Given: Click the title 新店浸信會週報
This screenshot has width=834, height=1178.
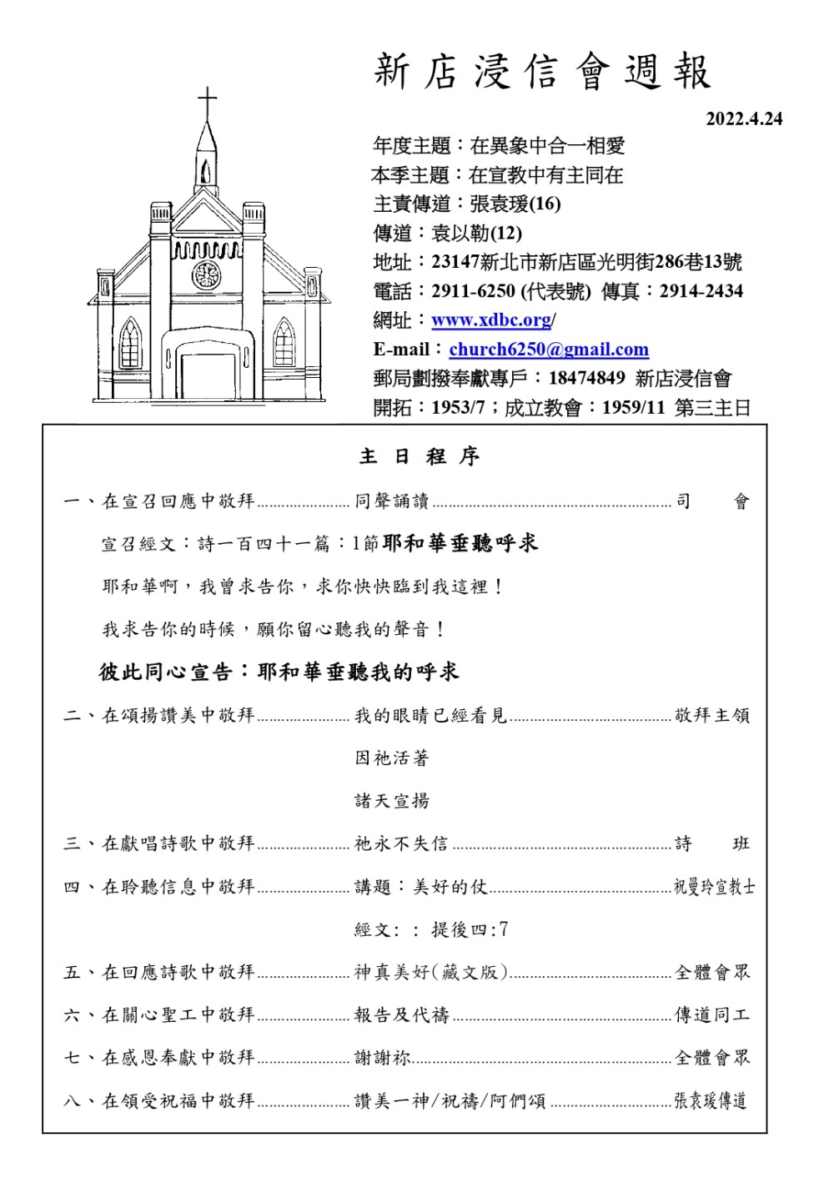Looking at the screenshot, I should pos(542,72).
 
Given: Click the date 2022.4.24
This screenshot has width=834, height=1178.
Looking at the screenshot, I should pos(744,119).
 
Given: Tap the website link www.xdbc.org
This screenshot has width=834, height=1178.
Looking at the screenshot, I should pos(491,320).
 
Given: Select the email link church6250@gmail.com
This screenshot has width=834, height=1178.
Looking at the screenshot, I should pos(548,350).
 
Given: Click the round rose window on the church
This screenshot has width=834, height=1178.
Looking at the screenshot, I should pos(206,274).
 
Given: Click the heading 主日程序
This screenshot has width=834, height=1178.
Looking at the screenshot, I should pos(420,456).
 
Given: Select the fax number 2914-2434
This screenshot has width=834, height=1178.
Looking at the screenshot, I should pos(701,291).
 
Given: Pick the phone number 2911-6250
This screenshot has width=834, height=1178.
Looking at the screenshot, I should pos(473,291).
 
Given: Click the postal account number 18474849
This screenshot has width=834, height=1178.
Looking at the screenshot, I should pos(586,378).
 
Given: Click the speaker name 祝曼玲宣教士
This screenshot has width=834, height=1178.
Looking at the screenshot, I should pos(714,887).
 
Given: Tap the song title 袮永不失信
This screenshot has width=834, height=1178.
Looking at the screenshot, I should pos(401,843).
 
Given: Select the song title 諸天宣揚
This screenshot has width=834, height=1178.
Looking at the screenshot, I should pos(392,801).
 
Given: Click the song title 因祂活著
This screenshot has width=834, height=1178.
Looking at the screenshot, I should pos(392,758).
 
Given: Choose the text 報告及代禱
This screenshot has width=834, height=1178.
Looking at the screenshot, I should pos(402,1015).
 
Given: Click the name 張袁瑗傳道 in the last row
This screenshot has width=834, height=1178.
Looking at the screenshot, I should pos(710,1101).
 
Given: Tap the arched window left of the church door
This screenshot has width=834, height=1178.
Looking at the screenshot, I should pos(130,343).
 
